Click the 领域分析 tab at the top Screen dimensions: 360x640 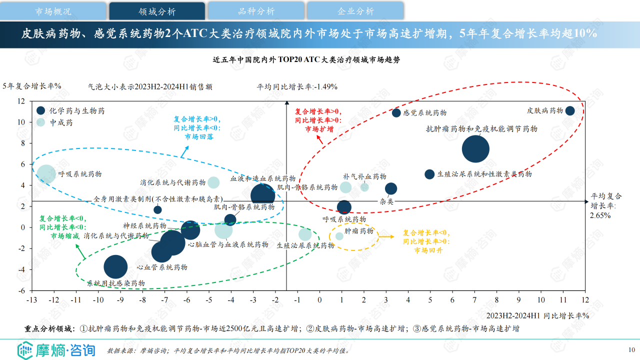[x=157, y=11]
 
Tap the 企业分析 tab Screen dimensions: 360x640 [x=355, y=11]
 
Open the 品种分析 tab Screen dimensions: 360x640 [x=256, y=11]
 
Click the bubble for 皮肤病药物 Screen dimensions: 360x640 [x=570, y=111]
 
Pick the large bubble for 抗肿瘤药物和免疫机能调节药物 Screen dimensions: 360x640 [x=475, y=149]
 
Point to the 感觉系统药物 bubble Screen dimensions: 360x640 [x=396, y=113]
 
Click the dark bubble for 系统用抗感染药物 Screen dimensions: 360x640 [x=115, y=267]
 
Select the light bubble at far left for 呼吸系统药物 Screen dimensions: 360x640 [x=46, y=174]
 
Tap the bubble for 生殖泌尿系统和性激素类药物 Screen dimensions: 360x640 [x=429, y=174]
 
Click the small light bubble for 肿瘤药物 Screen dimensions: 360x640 [x=339, y=236]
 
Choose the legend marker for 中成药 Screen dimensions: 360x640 [x=41, y=122]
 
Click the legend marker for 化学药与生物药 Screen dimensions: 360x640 [x=41, y=110]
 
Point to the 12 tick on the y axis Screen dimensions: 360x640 [x=21, y=100]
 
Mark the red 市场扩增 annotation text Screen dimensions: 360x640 [x=319, y=129]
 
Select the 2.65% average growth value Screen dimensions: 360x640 [x=600, y=215]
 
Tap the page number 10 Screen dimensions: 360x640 [x=631, y=349]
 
